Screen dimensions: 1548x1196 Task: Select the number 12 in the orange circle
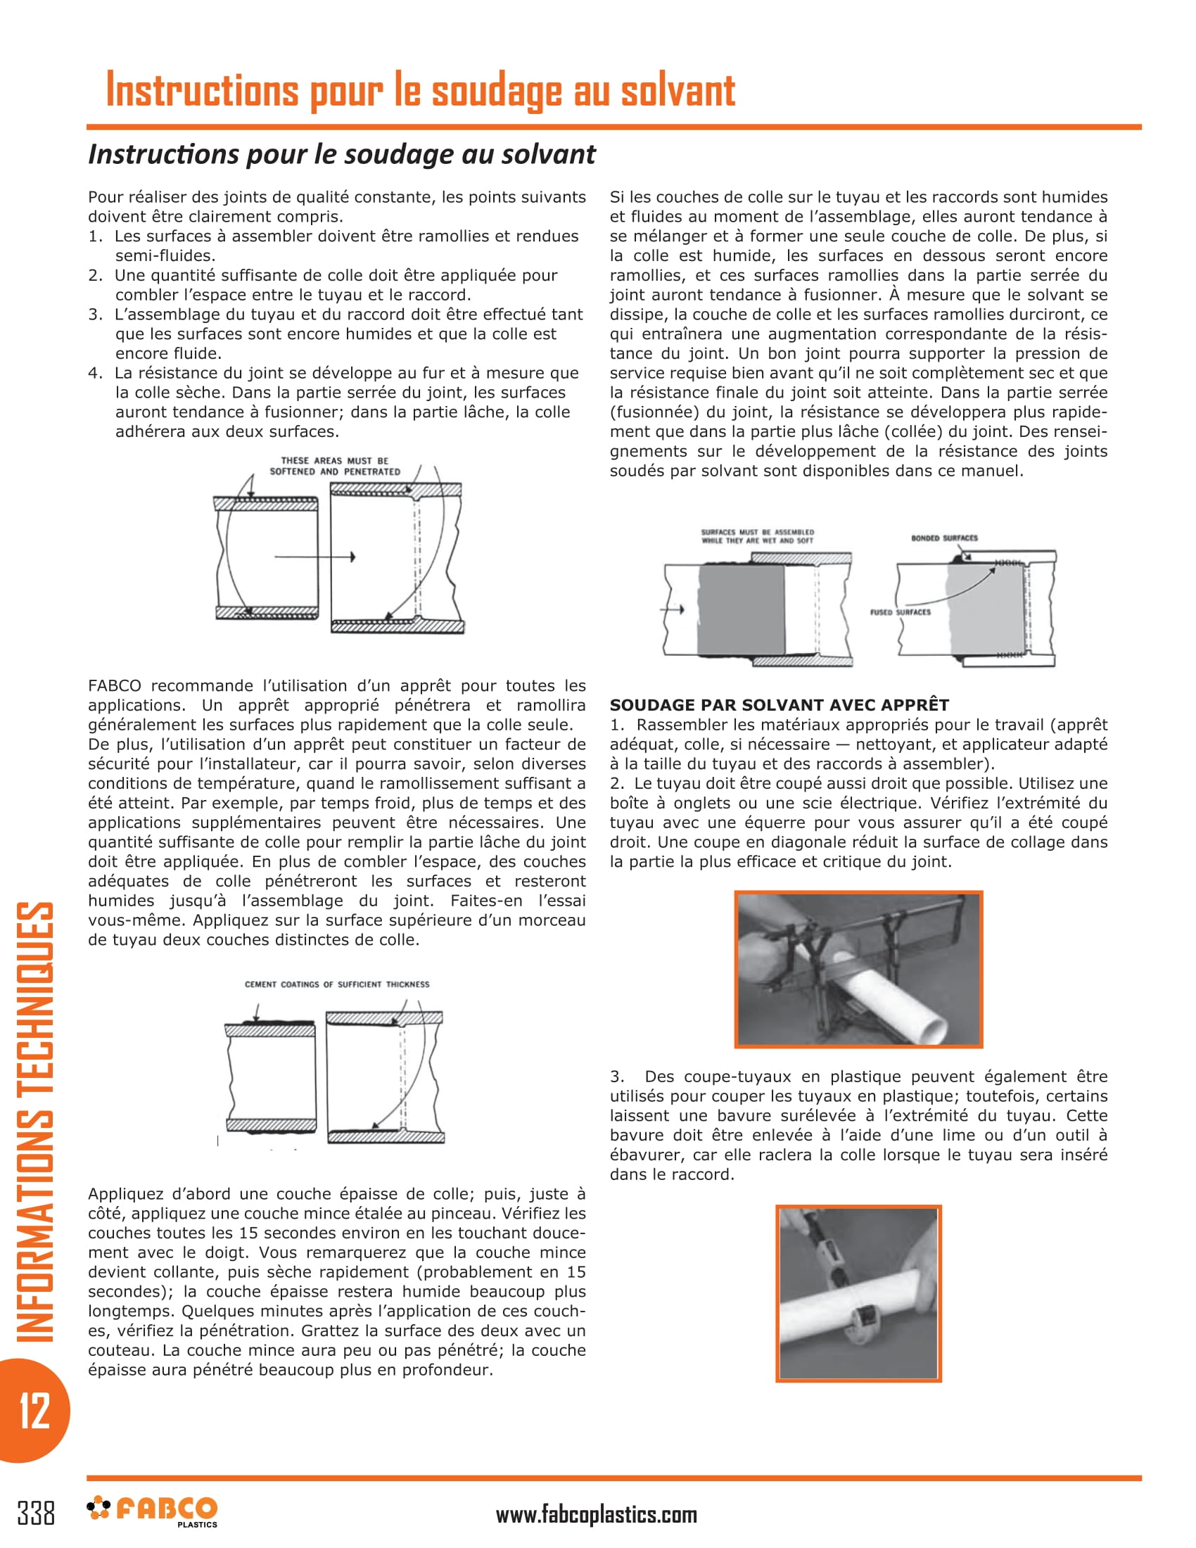[x=34, y=1411]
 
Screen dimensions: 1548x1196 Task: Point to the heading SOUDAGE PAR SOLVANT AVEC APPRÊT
[x=779, y=704]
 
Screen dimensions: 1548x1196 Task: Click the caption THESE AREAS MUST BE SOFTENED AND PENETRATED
[x=334, y=466]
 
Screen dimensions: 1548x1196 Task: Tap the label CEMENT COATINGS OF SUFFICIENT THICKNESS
[x=336, y=984]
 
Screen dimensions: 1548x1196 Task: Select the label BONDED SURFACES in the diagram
[x=943, y=538]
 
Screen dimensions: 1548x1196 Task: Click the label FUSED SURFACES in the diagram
[x=900, y=611]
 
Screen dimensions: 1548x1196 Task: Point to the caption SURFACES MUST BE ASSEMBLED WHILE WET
[x=757, y=536]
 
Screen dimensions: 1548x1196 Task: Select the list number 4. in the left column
[x=95, y=373]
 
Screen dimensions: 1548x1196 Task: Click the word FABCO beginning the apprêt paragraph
[x=114, y=685]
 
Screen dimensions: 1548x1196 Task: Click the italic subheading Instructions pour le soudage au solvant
[x=341, y=154]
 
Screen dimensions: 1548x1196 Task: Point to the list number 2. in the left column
[x=95, y=275]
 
